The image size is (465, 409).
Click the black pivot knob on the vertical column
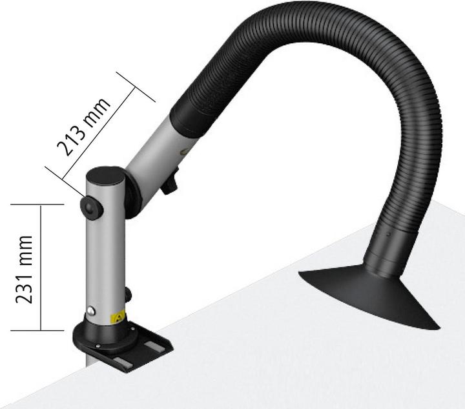[90, 206]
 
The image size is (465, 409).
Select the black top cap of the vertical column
[105, 175]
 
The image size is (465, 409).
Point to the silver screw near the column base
[93, 311]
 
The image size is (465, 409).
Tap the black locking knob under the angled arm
[170, 186]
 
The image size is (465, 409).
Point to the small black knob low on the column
[128, 295]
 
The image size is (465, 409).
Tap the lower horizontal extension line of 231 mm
[39, 330]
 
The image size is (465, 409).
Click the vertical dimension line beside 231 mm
[42, 267]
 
